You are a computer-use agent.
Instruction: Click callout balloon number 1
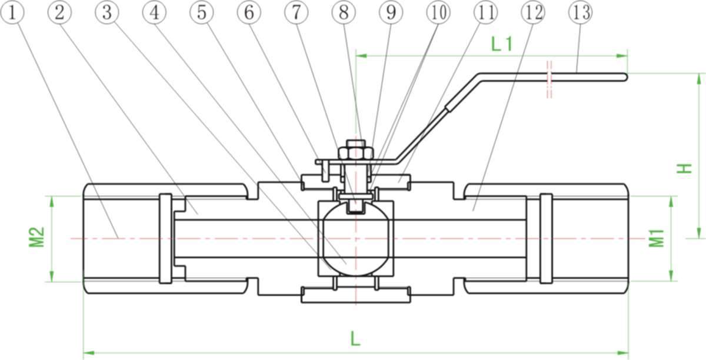coord(12,12)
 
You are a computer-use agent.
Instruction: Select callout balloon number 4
coord(154,12)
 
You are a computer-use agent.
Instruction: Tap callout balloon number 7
coord(297,12)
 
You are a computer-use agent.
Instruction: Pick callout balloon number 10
coord(438,12)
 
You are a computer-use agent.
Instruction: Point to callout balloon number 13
coord(581,12)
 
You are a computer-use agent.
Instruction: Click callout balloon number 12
coord(533,12)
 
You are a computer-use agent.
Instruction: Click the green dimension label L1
coord(502,44)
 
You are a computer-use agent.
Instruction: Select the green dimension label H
coord(684,168)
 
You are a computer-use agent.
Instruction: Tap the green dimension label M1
coord(657,238)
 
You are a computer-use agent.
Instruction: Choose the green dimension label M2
coord(37,236)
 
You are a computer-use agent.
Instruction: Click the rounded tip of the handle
coord(624,77)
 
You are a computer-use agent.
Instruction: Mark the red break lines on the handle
coord(549,79)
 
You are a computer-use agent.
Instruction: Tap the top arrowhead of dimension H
coord(699,78)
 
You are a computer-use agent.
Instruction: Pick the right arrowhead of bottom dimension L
coord(623,353)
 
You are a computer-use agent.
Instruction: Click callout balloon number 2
coord(59,12)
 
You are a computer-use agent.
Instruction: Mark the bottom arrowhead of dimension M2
coord(52,276)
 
